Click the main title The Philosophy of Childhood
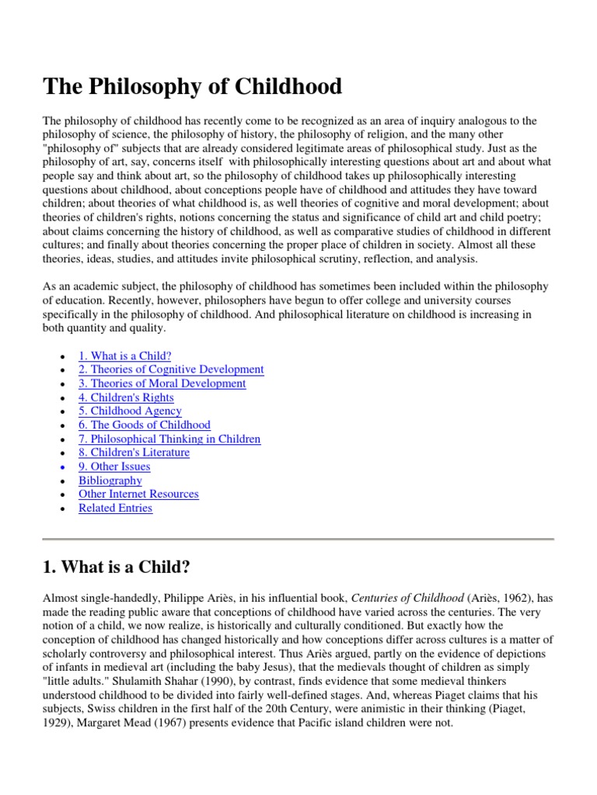(x=192, y=87)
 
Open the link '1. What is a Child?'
(x=124, y=356)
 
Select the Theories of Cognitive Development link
(x=171, y=370)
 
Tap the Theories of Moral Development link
(x=162, y=384)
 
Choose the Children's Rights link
(x=126, y=397)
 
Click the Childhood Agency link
(x=130, y=411)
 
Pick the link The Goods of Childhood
(x=144, y=425)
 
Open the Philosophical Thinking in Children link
(x=169, y=439)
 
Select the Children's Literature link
(x=134, y=453)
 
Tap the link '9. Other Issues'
(x=114, y=467)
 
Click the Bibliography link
(x=110, y=481)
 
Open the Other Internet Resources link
(x=138, y=494)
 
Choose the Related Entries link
(x=115, y=508)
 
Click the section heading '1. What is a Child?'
(x=117, y=567)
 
